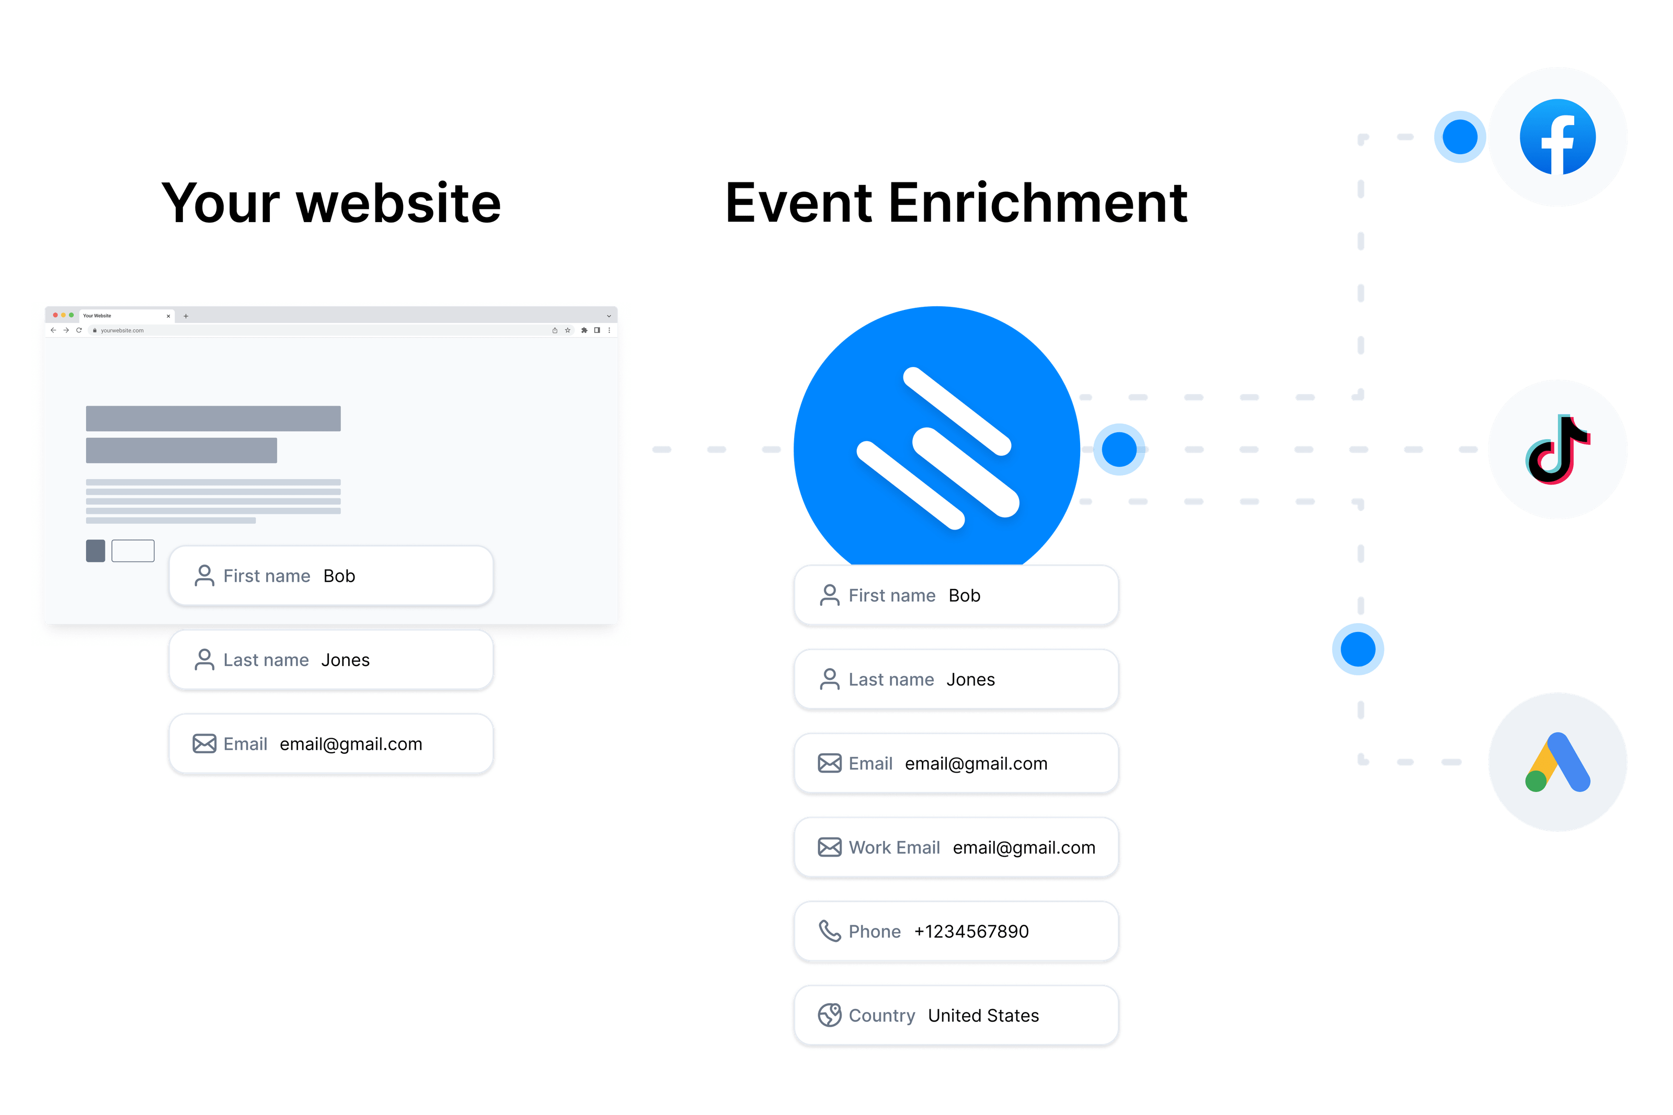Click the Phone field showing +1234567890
click(956, 932)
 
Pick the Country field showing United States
click(956, 1016)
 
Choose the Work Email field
click(956, 848)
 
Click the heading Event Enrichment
click(956, 203)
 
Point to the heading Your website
click(331, 203)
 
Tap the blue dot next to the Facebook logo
click(1460, 136)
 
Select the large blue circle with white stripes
click(937, 444)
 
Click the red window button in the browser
click(55, 315)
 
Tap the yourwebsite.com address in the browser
click(122, 331)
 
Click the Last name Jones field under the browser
click(331, 660)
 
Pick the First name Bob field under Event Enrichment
click(956, 595)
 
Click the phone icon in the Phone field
click(829, 931)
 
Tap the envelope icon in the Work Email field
click(829, 848)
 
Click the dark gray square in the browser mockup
click(95, 550)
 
